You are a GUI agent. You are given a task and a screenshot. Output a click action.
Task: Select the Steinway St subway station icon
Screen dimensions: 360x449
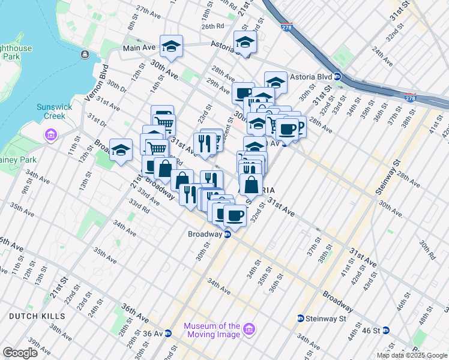300,319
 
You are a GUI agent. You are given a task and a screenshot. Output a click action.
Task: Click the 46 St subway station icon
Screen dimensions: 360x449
386,330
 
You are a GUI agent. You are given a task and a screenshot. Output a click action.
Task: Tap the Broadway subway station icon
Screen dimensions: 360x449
228,235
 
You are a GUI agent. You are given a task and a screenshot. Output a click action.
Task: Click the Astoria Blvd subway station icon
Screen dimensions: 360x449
337,76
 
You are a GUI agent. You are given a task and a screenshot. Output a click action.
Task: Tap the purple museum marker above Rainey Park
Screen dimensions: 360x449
49,133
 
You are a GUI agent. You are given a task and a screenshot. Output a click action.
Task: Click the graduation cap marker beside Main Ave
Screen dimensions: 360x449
171,47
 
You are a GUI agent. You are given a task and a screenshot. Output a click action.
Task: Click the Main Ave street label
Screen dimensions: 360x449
139,47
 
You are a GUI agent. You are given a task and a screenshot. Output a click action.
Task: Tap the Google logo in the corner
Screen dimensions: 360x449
20,353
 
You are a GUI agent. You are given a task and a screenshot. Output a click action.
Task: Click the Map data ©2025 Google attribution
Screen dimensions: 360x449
411,355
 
